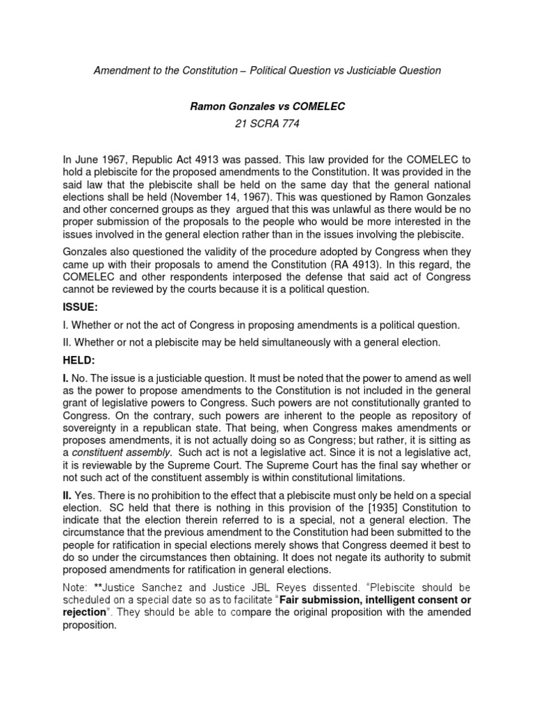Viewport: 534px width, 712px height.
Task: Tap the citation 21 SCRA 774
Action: pos(266,124)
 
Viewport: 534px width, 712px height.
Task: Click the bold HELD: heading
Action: pos(80,359)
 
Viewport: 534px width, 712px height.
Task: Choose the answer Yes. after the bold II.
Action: pos(86,494)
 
